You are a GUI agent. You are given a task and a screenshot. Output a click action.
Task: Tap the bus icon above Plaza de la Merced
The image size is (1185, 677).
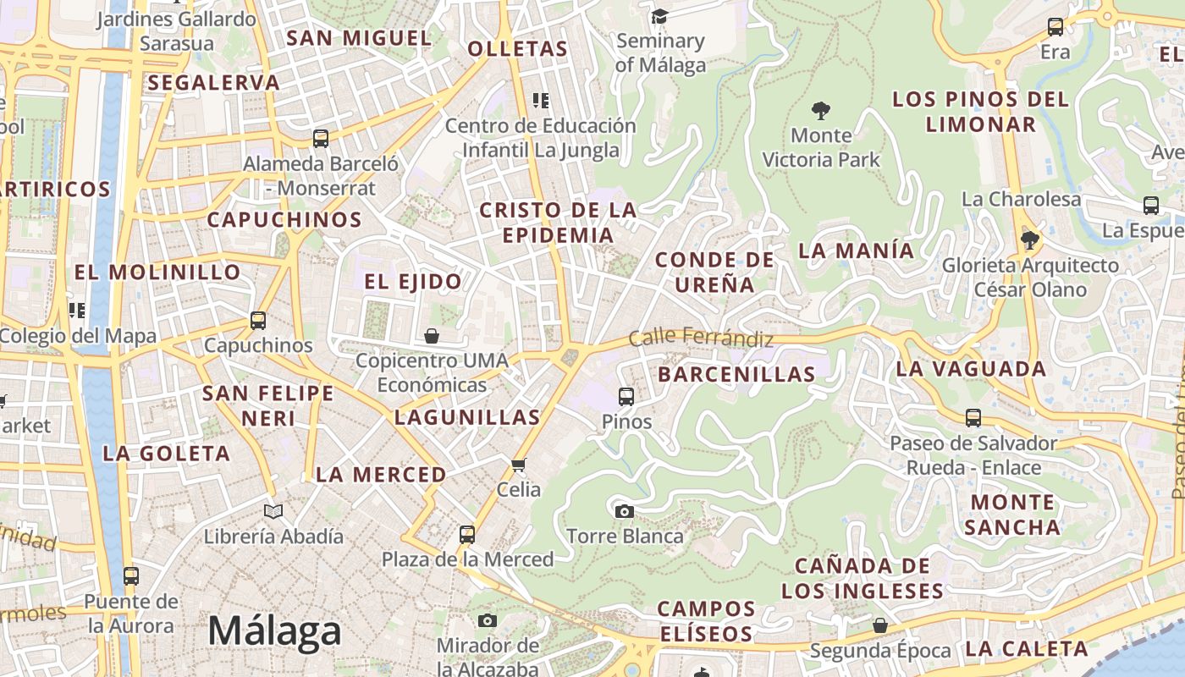coord(467,535)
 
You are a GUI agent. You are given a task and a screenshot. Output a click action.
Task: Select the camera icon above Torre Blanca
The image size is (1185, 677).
coord(624,511)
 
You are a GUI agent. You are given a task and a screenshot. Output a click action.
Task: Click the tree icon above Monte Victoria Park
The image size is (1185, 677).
coord(820,110)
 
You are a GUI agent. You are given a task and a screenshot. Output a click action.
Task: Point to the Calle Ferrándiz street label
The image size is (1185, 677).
coord(701,338)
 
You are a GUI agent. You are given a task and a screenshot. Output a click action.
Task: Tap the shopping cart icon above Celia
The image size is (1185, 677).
coord(519,465)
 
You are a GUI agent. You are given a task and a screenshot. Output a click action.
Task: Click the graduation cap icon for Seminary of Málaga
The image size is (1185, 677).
coord(659,16)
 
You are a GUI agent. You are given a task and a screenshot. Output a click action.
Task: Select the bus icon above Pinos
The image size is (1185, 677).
coord(626,396)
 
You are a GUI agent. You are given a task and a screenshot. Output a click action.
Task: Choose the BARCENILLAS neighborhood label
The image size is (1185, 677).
coord(736,374)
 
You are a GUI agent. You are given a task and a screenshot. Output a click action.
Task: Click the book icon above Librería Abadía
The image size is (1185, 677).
coord(273,511)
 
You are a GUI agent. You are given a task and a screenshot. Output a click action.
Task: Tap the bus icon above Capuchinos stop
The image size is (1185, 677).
coord(258,321)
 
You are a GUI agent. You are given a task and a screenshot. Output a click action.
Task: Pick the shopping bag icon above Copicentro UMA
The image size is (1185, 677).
coord(432,336)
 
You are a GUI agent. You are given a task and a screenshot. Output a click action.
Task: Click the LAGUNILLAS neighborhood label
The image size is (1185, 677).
coord(467,417)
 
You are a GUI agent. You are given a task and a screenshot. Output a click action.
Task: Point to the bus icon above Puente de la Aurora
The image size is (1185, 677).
coord(131,576)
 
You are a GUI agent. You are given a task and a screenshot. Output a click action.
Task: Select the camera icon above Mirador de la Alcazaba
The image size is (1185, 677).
coord(488,620)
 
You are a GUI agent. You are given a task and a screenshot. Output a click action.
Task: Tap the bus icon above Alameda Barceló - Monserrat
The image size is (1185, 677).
coord(321,138)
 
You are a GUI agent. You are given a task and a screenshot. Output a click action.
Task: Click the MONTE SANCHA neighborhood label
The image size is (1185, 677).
coord(1012,515)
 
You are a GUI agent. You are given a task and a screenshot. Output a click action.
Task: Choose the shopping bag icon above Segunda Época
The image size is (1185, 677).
coord(880,625)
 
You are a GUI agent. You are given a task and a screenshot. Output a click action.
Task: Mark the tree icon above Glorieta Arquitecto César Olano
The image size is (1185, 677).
coord(1030,240)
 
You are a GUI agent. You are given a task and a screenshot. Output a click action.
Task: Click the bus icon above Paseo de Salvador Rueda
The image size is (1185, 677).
coord(973,417)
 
